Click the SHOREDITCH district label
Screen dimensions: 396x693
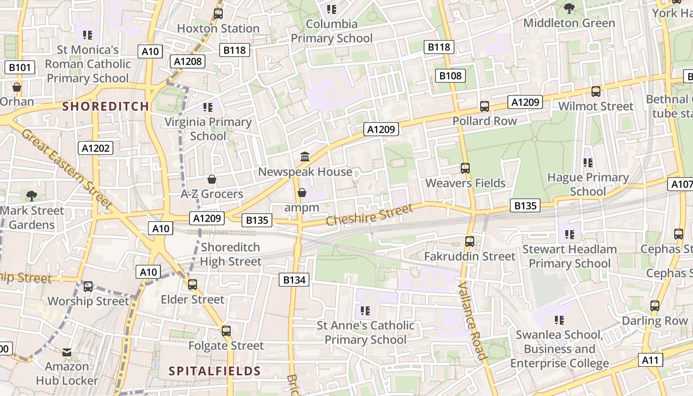click(105, 106)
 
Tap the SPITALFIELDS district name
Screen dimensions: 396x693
click(214, 371)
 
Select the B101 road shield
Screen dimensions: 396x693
click(20, 68)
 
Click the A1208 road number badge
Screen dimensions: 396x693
click(188, 61)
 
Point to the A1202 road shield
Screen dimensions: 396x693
click(96, 148)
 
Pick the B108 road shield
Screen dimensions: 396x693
click(450, 76)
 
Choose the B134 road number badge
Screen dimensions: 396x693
click(294, 280)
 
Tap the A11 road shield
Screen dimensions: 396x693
click(650, 360)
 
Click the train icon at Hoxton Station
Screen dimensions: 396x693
click(218, 14)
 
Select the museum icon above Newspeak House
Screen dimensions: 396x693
click(305, 157)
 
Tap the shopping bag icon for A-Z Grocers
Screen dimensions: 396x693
click(212, 179)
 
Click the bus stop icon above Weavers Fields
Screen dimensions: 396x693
click(465, 168)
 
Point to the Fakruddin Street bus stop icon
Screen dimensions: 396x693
click(470, 242)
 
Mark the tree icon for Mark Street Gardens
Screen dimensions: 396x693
click(32, 196)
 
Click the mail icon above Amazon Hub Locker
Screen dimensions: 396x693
click(67, 352)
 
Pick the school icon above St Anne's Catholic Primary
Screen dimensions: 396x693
click(365, 311)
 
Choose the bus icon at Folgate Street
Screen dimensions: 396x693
click(226, 331)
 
